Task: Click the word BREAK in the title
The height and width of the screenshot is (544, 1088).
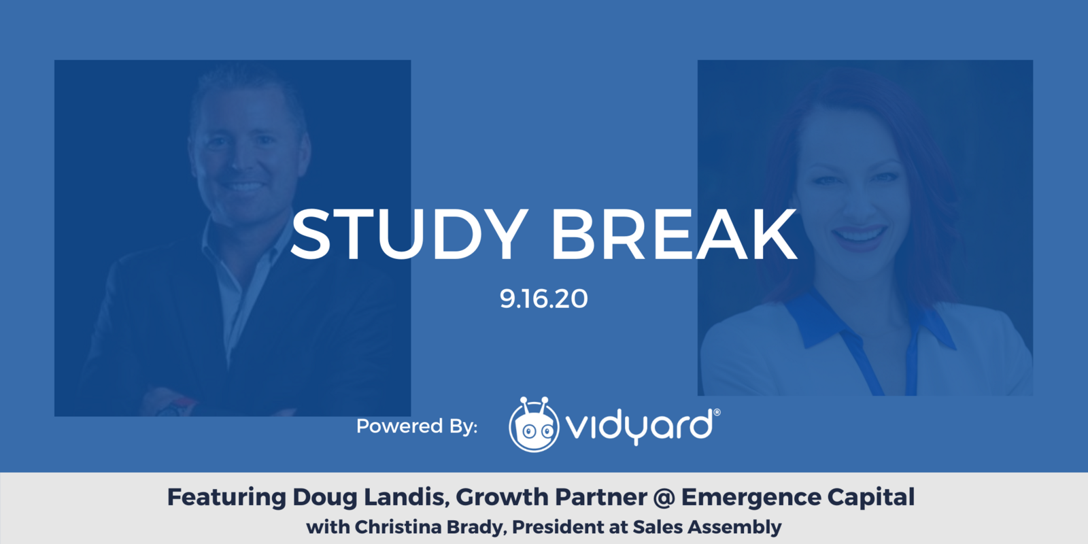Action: (673, 235)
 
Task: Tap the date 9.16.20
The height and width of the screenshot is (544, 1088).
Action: (543, 299)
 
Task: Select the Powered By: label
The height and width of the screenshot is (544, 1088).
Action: (417, 426)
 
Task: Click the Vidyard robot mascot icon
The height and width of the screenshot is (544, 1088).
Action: (534, 426)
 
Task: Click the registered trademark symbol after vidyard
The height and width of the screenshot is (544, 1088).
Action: (717, 412)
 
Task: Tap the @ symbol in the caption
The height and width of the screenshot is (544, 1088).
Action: (664, 498)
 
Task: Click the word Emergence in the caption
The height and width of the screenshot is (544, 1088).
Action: (750, 498)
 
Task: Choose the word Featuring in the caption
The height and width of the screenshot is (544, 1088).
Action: (226, 498)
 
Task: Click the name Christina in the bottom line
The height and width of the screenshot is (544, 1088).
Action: (398, 527)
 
